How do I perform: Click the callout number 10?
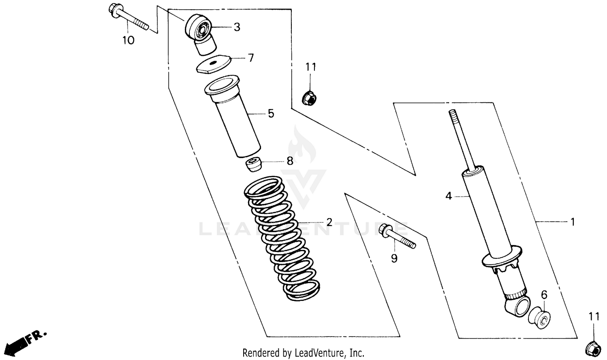(x=128, y=40)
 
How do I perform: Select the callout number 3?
(x=237, y=27)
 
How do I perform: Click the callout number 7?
(x=251, y=58)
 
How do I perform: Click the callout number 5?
(x=271, y=114)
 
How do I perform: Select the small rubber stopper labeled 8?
(x=253, y=165)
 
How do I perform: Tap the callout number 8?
(x=290, y=161)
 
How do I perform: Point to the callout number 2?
(x=329, y=222)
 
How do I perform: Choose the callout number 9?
(x=394, y=258)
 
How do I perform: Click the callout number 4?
(x=448, y=196)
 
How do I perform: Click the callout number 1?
(x=572, y=222)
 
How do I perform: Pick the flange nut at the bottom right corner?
(x=593, y=349)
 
